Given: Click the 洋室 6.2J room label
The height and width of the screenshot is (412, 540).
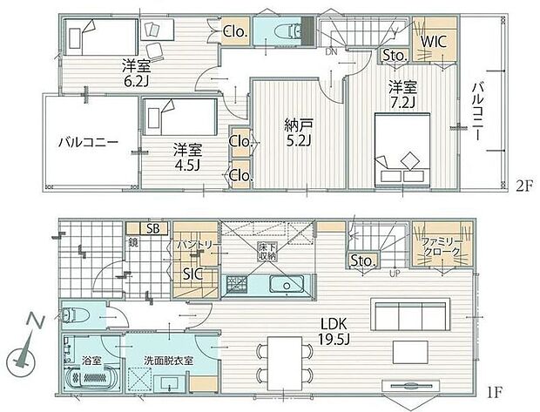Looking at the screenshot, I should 134,71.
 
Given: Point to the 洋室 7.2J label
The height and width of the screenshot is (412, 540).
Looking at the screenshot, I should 402,95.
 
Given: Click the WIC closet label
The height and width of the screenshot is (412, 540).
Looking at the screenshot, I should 434,39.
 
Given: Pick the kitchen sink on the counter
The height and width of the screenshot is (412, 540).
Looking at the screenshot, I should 284,286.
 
